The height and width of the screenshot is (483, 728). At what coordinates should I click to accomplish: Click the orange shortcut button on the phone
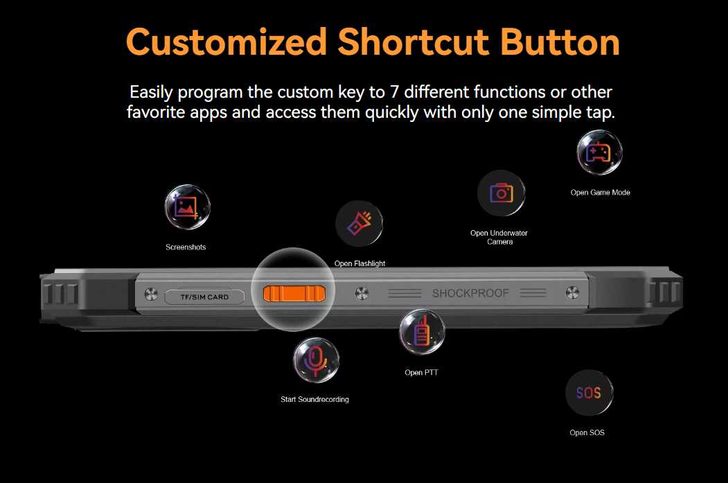(x=294, y=294)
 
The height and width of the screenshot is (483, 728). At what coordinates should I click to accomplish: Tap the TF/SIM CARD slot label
(x=204, y=297)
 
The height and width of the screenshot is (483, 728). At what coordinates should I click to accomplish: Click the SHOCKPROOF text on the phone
(x=470, y=293)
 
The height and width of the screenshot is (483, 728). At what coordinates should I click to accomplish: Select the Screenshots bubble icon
(x=188, y=207)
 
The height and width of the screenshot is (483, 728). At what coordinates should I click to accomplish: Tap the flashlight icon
(x=359, y=223)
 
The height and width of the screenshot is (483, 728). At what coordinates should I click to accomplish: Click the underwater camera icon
(x=501, y=193)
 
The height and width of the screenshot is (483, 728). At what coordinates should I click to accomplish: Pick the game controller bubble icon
(x=599, y=152)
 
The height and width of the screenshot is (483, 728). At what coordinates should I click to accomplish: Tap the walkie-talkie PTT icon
(x=422, y=332)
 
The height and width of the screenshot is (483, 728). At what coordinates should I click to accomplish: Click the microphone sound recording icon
(x=316, y=360)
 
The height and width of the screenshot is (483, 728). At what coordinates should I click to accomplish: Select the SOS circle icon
(x=589, y=392)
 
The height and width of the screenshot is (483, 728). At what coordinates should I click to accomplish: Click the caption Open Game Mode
(x=601, y=192)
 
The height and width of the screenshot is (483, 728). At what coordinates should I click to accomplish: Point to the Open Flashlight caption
(x=359, y=263)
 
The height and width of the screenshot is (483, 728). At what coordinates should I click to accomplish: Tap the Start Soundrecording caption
(x=314, y=399)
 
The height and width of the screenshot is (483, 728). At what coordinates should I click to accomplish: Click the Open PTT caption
(x=421, y=372)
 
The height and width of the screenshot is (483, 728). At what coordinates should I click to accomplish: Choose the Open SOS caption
(x=587, y=432)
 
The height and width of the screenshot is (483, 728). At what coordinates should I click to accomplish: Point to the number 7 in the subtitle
(x=394, y=92)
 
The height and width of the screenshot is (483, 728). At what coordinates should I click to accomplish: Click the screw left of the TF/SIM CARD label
(x=151, y=294)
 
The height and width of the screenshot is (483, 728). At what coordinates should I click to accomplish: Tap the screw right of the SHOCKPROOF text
(x=572, y=292)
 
